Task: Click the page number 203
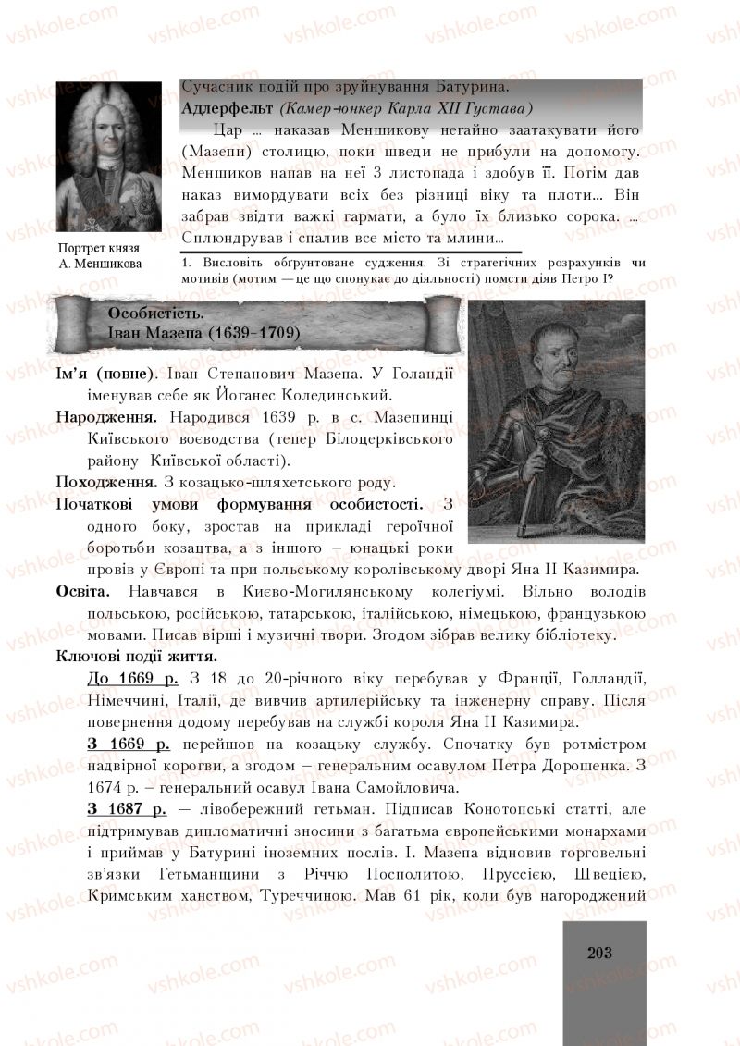[x=599, y=953]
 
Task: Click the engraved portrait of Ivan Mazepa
[x=556, y=421]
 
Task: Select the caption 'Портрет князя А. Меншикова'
[x=99, y=255]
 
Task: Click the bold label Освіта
[x=83, y=591]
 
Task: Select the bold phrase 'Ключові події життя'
[x=137, y=657]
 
